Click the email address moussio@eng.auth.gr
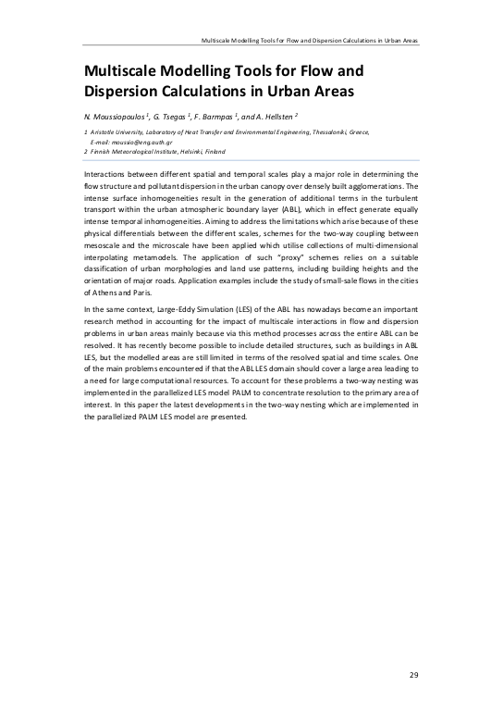[129, 143]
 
